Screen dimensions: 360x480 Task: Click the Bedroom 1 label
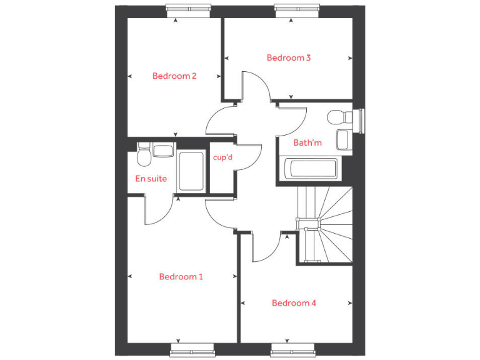point(181,276)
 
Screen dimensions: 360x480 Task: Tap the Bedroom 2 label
point(174,76)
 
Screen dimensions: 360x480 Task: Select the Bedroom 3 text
point(288,57)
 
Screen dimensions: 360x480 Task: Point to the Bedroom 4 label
point(294,303)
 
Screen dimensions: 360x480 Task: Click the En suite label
point(151,179)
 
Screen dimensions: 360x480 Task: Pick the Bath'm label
point(307,143)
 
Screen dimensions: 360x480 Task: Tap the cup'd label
point(222,157)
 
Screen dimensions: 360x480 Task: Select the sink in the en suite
point(163,151)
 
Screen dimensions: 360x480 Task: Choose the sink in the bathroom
point(343,139)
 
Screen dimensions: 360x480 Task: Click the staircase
point(324,225)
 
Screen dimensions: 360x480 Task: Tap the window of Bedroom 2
point(188,8)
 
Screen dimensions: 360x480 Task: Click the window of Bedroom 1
point(192,351)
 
